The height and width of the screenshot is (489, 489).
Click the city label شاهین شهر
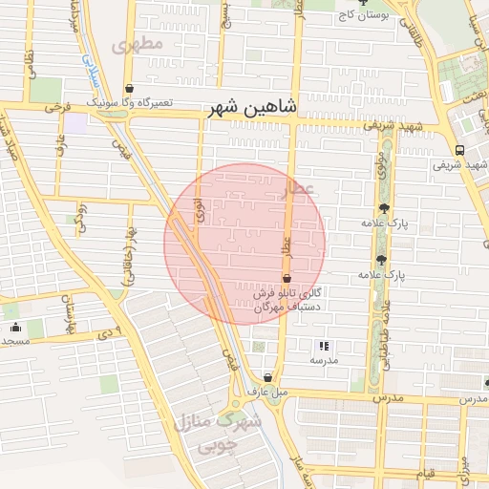point(253,109)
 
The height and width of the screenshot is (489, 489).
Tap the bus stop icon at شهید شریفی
point(460,150)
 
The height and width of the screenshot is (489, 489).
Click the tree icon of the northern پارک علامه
point(384,208)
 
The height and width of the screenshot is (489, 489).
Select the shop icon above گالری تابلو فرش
point(287,278)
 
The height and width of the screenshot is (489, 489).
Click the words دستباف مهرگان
point(292,307)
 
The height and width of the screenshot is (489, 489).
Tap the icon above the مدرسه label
point(323,345)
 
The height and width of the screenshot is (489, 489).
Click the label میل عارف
point(267,392)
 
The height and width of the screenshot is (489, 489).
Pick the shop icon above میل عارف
point(267,377)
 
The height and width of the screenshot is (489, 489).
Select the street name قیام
point(426,473)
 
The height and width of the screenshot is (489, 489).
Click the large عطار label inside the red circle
point(298,189)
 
